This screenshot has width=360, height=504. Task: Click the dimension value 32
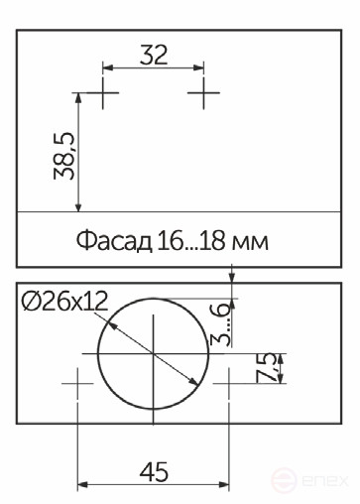[154, 55]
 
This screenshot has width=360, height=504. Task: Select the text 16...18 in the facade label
[191, 241]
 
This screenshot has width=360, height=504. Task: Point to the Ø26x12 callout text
[63, 303]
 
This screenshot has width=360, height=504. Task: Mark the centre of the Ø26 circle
[155, 354]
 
